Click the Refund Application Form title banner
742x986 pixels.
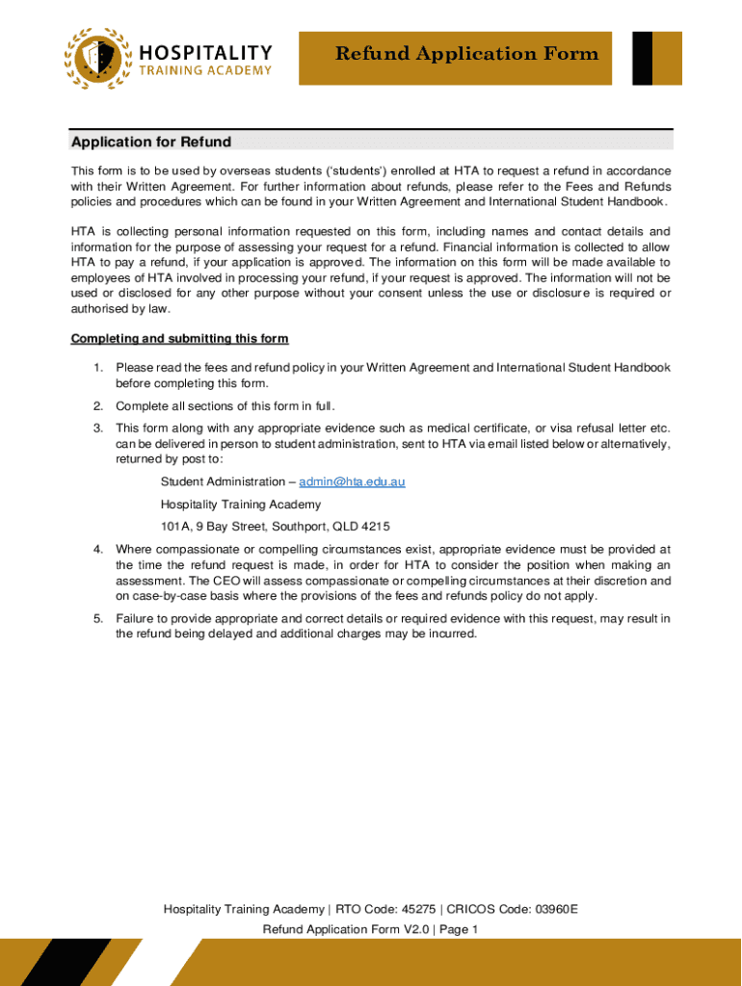[466, 54]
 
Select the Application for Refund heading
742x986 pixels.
[151, 143]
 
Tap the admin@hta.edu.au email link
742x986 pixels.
[352, 481]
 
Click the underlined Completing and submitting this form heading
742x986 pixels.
[179, 339]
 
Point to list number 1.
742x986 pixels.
[97, 368]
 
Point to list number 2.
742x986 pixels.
[97, 405]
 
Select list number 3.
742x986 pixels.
[97, 428]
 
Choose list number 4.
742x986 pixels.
[97, 549]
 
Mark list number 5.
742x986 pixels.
[97, 618]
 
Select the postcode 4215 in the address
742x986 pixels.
[375, 527]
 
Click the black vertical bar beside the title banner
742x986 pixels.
[642, 58]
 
